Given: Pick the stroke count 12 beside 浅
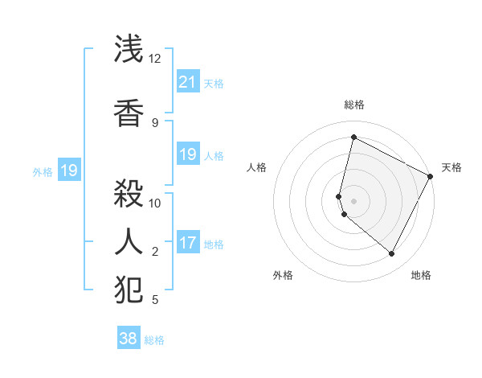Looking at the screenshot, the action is pyautogui.click(x=155, y=59).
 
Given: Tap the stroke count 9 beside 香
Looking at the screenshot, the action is pyautogui.click(x=155, y=122).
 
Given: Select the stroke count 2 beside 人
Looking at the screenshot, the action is pyautogui.click(x=155, y=252).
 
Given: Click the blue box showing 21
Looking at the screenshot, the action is pyautogui.click(x=187, y=82).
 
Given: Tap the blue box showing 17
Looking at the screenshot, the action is pyautogui.click(x=187, y=243).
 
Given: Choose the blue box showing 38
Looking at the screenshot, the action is pyautogui.click(x=129, y=339).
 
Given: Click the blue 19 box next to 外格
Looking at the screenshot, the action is pyautogui.click(x=69, y=171).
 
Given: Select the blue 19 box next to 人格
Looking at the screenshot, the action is pyautogui.click(x=187, y=154).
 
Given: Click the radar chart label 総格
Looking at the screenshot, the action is pyautogui.click(x=354, y=105).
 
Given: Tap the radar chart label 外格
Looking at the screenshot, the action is pyautogui.click(x=283, y=275).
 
